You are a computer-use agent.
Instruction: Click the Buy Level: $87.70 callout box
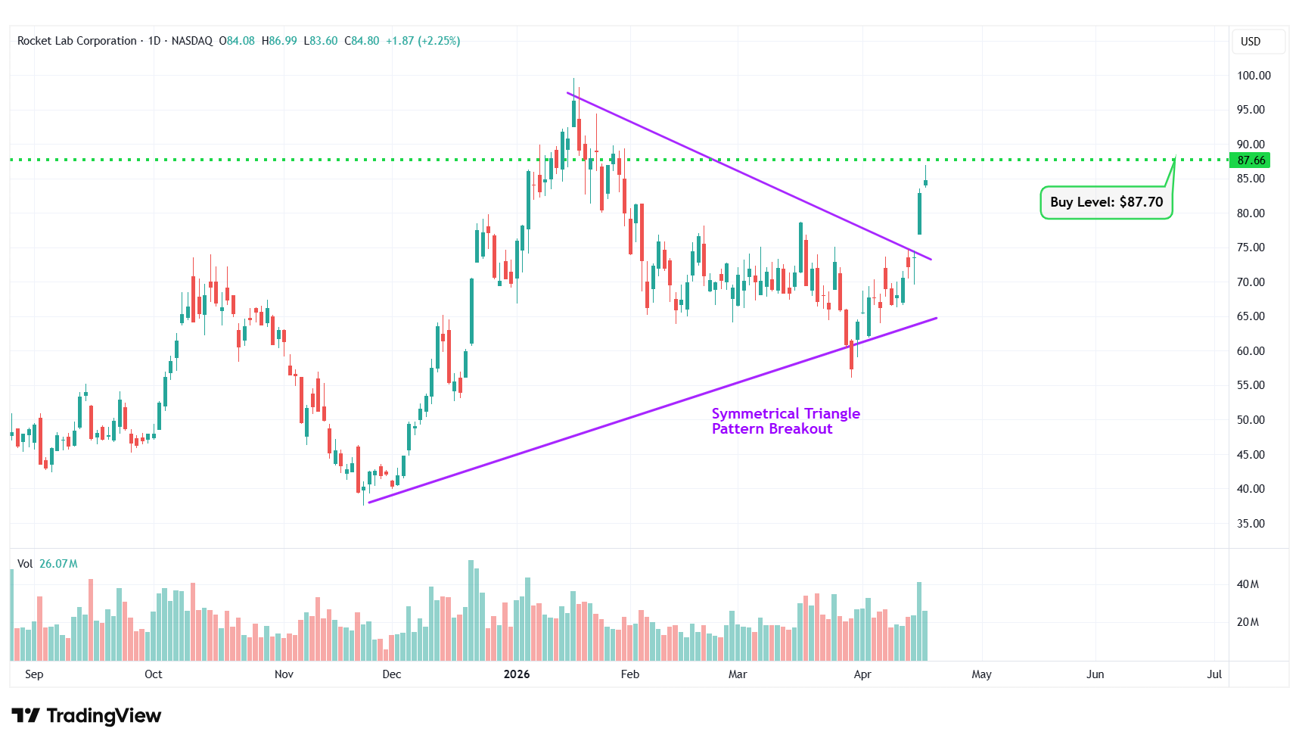[1106, 202]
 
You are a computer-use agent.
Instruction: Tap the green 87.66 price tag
[1251, 160]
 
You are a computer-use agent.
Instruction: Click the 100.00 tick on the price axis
[1254, 76]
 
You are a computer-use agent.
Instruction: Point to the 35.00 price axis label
[1251, 524]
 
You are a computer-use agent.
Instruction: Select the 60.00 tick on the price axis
[1251, 351]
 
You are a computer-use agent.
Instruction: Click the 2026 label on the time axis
[517, 674]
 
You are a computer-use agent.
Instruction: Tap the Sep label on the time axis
[34, 674]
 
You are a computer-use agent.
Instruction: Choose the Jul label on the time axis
[1214, 674]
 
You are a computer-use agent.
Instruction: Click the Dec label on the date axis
[392, 674]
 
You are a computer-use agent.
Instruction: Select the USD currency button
[1251, 42]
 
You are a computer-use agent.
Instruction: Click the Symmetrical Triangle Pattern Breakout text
[785, 421]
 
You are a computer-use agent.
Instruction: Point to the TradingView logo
[86, 715]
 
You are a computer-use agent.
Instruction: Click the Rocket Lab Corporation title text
[77, 41]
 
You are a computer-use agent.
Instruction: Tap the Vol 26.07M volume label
[48, 564]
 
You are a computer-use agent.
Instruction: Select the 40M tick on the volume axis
[1248, 584]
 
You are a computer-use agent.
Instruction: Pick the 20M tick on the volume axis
[1248, 622]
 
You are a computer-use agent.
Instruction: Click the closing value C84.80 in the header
[362, 41]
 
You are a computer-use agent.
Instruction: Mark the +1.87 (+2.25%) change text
[423, 41]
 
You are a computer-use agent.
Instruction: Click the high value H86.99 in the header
[279, 41]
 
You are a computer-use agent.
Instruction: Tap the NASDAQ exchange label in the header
[192, 41]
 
